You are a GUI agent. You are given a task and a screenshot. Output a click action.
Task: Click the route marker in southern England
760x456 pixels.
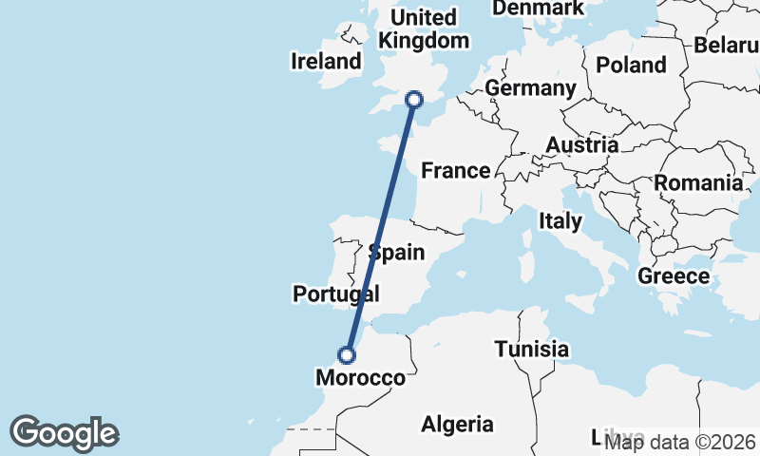(x=414, y=99)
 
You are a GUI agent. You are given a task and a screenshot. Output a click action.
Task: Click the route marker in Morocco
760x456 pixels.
(x=348, y=354)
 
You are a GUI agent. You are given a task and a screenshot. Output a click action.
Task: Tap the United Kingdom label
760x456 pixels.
(x=424, y=28)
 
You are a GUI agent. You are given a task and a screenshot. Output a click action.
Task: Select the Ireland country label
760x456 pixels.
(x=326, y=62)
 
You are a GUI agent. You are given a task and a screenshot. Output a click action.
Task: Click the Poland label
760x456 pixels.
(x=631, y=66)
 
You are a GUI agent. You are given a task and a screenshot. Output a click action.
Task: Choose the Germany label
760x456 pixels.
(x=530, y=88)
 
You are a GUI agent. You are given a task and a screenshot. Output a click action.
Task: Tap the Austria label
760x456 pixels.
(x=581, y=145)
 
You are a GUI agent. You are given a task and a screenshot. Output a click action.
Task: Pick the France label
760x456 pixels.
(x=456, y=171)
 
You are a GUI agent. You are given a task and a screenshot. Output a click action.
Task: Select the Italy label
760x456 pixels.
(x=560, y=221)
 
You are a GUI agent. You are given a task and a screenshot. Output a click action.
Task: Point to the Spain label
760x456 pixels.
(x=396, y=253)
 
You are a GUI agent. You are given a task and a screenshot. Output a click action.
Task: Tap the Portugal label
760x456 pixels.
(x=336, y=294)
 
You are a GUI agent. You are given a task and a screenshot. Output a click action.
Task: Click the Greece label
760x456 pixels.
(x=674, y=276)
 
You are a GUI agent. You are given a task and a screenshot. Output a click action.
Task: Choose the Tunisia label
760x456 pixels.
(x=531, y=350)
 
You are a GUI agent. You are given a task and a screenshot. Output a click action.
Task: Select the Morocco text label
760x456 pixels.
(x=359, y=378)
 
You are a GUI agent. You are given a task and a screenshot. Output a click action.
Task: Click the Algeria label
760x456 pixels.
(x=457, y=424)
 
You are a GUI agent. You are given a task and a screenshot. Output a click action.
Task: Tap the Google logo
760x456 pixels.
(x=64, y=433)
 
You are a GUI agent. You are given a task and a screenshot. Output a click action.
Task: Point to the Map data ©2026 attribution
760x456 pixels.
(x=680, y=441)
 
